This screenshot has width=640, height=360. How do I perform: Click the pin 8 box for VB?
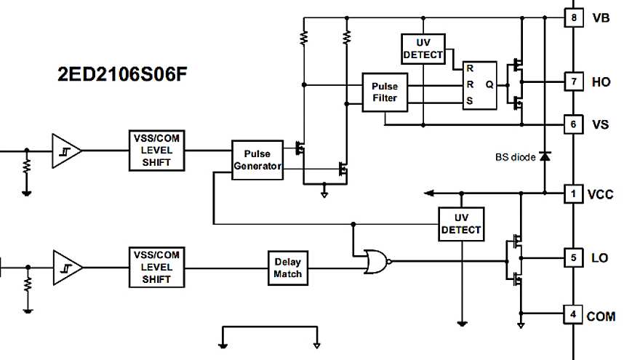pyautogui.click(x=574, y=17)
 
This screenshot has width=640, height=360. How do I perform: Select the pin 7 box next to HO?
pyautogui.click(x=574, y=81)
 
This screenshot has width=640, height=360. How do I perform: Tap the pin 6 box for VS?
pyautogui.click(x=574, y=124)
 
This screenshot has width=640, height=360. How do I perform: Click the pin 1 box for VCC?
pyautogui.click(x=574, y=193)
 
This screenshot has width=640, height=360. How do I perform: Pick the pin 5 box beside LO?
pyautogui.click(x=574, y=257)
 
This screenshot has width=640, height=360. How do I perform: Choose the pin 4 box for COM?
pyautogui.click(x=574, y=315)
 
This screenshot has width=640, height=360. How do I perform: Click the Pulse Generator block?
pyautogui.click(x=257, y=159)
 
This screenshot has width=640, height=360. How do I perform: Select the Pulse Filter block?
pyautogui.click(x=385, y=92)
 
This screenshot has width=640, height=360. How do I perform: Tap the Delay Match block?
pyautogui.click(x=287, y=268)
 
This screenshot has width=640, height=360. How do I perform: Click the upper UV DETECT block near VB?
pyautogui.click(x=423, y=49)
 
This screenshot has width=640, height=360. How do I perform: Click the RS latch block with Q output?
pyautogui.click(x=480, y=84)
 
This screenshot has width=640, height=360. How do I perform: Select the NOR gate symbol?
pyautogui.click(x=376, y=261)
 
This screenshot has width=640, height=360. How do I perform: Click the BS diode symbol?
pyautogui.click(x=544, y=156)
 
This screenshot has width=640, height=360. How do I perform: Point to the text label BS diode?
pyautogui.click(x=515, y=156)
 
